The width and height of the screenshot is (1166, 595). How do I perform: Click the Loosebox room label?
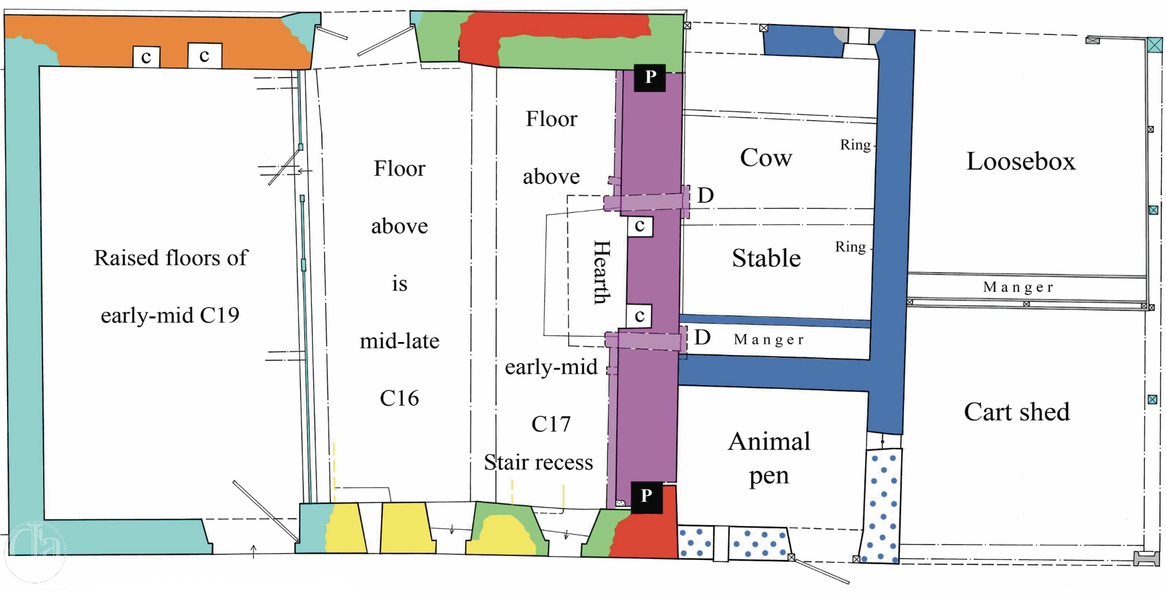1021,161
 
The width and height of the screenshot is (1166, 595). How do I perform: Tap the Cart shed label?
1017,412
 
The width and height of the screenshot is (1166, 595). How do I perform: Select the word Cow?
766,158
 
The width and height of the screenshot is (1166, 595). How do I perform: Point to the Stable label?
766,258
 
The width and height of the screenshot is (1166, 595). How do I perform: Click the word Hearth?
602,272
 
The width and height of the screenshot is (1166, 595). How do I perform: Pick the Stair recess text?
538,462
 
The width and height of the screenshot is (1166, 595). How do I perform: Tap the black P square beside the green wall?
650,77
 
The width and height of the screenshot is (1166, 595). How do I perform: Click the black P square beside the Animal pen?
647,497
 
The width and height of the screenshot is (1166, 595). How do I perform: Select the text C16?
399,398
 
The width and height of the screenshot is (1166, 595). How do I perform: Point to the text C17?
551,424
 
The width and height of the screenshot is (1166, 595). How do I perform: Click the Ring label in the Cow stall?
855,145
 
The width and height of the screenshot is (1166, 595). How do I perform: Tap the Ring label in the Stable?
850,247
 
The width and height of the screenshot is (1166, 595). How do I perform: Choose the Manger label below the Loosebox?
1018,287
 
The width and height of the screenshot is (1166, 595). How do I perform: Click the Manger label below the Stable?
769,340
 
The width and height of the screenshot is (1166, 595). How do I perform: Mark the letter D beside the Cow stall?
705,195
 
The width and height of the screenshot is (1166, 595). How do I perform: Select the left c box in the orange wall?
146,57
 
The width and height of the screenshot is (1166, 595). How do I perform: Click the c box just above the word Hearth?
640,226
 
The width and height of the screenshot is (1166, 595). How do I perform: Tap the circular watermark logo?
35,552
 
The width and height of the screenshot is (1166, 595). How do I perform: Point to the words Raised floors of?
171,258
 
